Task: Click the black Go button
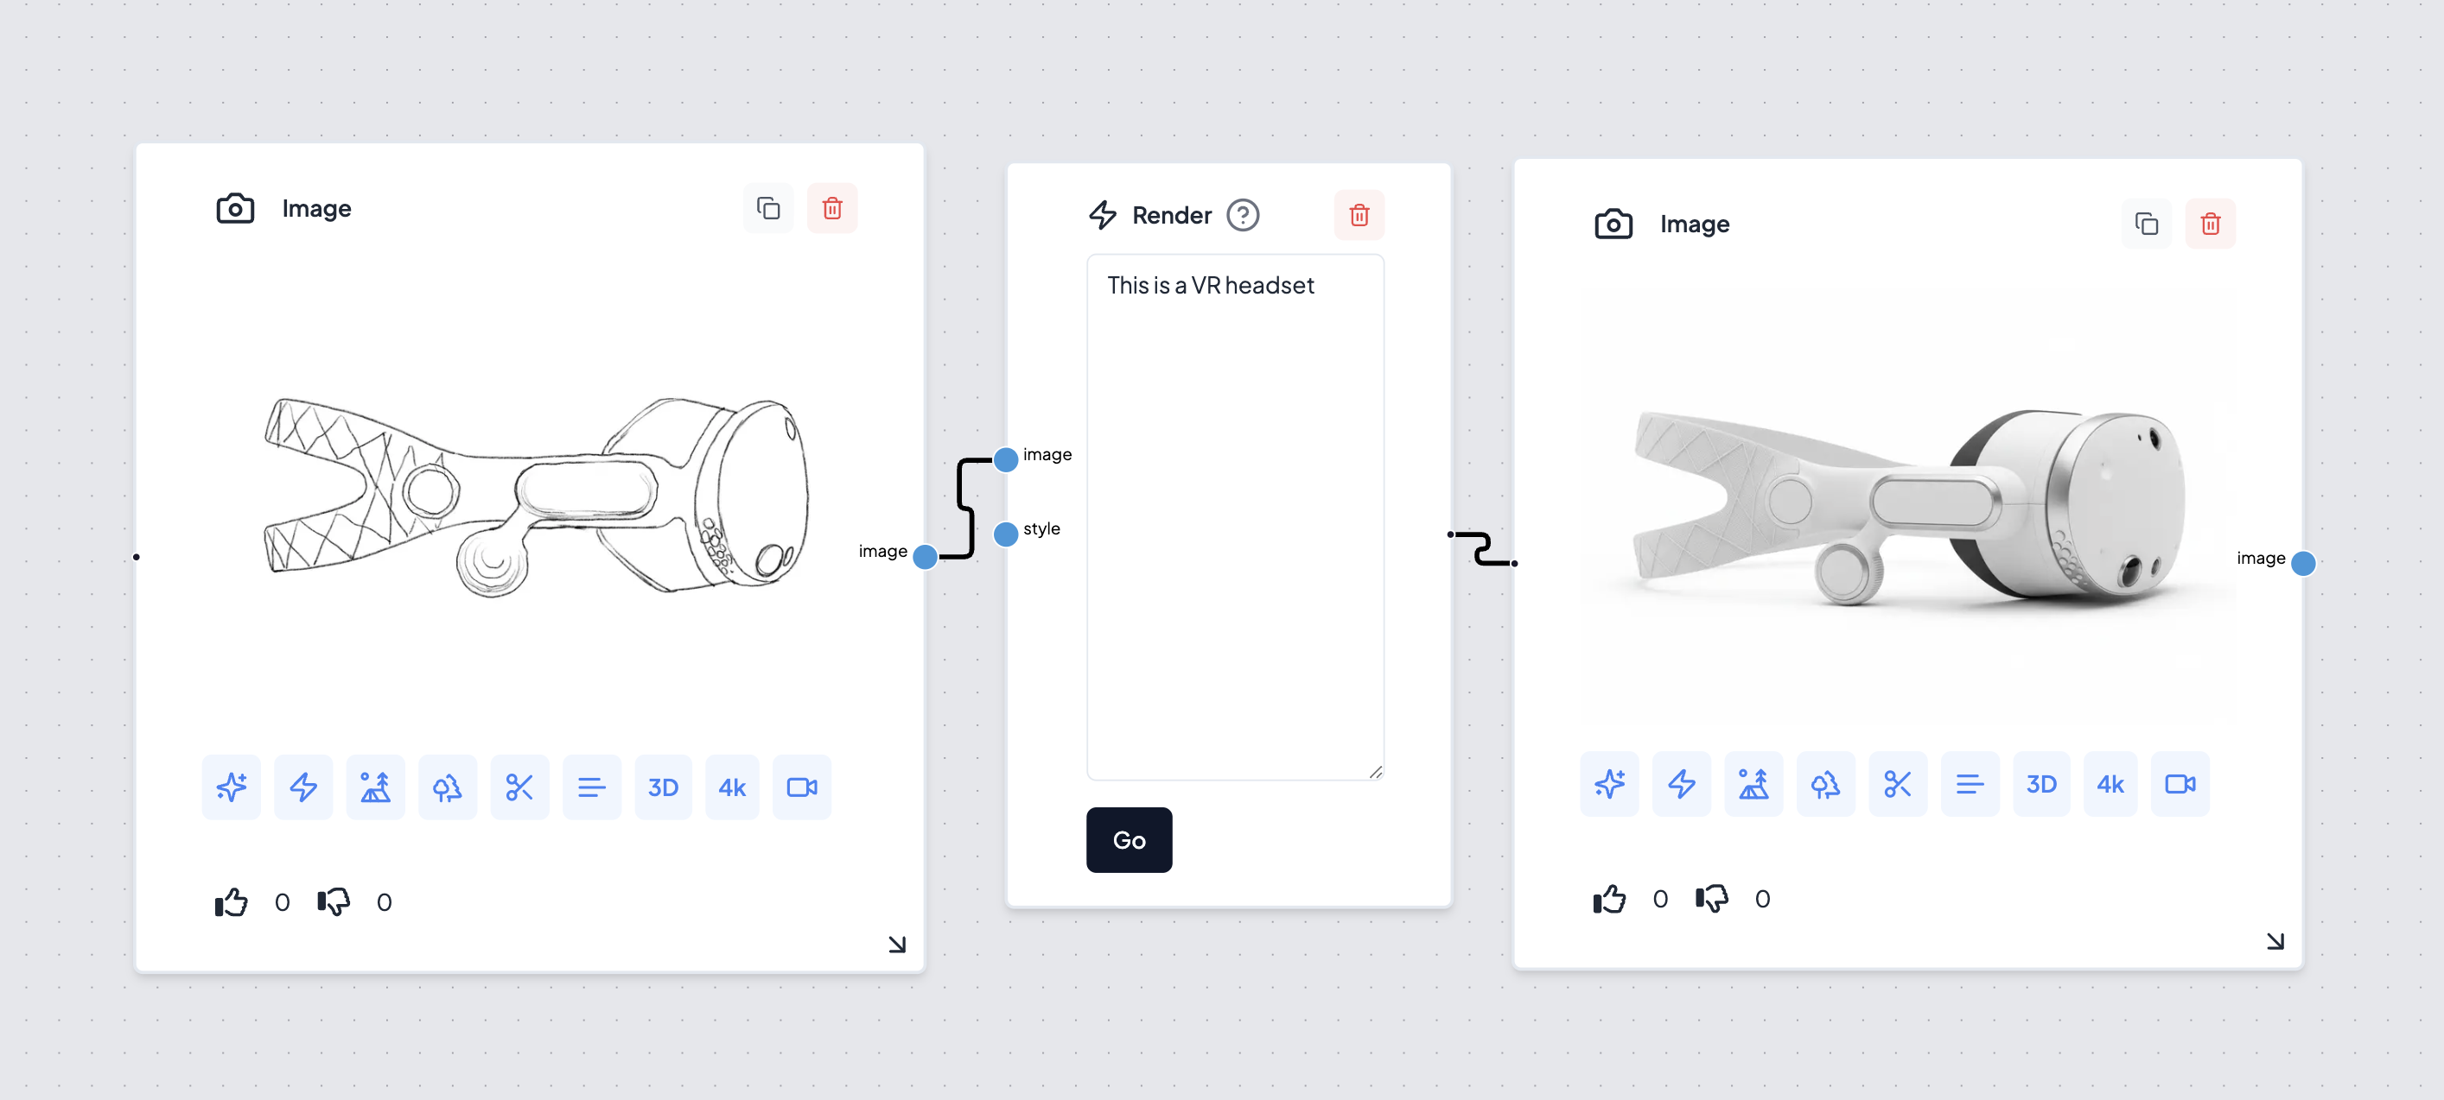click(1129, 839)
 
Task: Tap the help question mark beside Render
click(1243, 215)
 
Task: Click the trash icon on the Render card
click(1359, 215)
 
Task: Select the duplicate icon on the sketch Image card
click(768, 208)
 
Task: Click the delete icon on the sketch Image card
click(832, 208)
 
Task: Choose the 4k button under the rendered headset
click(2110, 784)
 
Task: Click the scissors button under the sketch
click(519, 787)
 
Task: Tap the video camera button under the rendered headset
click(2180, 784)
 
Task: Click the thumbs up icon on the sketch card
click(232, 901)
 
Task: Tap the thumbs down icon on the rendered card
click(1711, 898)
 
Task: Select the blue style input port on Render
click(1006, 534)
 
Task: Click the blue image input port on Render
click(1006, 460)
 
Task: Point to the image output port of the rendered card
click(2302, 563)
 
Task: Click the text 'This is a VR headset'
click(1211, 286)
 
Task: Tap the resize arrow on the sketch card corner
click(896, 944)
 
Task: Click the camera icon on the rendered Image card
click(1613, 224)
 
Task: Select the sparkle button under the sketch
click(232, 787)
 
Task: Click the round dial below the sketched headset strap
click(493, 561)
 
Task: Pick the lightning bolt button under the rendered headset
click(1681, 784)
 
